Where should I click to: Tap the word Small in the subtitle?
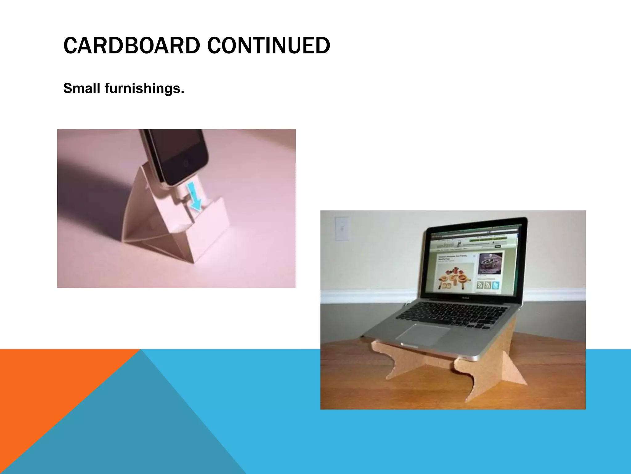pos(82,88)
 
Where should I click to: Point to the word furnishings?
pos(144,88)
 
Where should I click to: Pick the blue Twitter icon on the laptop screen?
pos(496,285)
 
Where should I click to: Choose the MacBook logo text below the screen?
pos(465,298)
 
